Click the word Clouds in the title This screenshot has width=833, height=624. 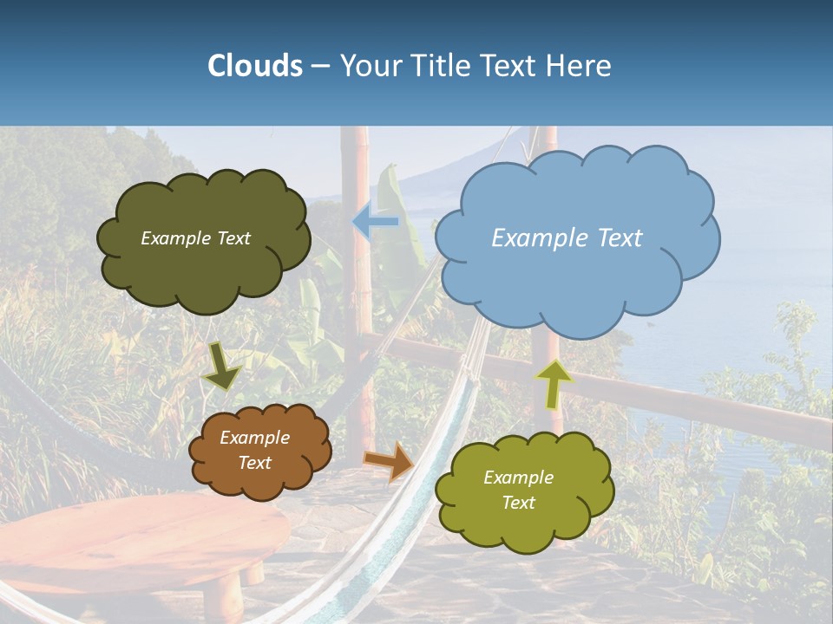[254, 66]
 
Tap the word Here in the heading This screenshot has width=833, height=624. [577, 66]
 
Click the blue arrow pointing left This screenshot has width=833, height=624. [375, 222]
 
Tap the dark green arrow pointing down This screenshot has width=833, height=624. [222, 367]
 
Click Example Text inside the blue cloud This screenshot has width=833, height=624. [567, 238]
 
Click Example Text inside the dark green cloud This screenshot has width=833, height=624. [195, 238]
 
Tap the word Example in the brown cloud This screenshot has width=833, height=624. [254, 438]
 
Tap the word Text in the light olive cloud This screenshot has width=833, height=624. [518, 503]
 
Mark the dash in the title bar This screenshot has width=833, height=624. [320, 66]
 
